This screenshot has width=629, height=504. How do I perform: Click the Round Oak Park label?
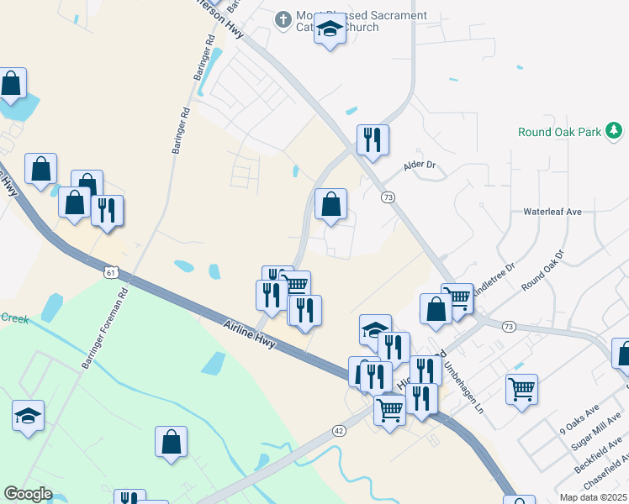pyautogui.click(x=560, y=132)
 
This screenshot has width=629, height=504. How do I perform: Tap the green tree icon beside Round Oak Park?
pyautogui.click(x=615, y=130)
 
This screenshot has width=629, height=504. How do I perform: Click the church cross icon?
pyautogui.click(x=284, y=18)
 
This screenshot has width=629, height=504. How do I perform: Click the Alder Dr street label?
pyautogui.click(x=421, y=165)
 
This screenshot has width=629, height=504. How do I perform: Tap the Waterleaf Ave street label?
pyautogui.click(x=552, y=213)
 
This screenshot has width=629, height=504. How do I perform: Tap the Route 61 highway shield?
pyautogui.click(x=112, y=273)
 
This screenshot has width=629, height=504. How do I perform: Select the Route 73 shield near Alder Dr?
pyautogui.click(x=388, y=197)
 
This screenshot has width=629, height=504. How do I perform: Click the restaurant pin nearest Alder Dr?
pyautogui.click(x=373, y=139)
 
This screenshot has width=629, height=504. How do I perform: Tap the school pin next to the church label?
pyautogui.click(x=330, y=31)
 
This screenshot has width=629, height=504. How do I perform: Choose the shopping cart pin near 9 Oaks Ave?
pyautogui.click(x=521, y=389)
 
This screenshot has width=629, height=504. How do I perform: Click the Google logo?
pyautogui.click(x=28, y=494)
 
